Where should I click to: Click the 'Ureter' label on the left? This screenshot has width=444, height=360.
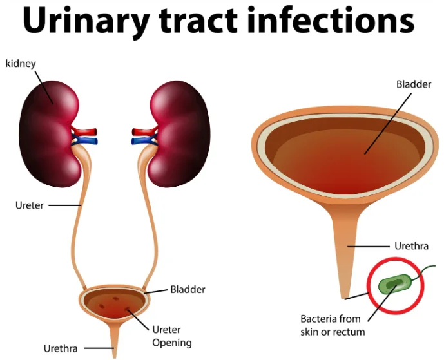click(x=29, y=205)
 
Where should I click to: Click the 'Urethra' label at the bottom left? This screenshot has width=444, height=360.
click(x=61, y=348)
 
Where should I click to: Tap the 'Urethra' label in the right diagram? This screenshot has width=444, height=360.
click(x=410, y=246)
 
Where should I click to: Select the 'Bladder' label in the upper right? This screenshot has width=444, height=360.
click(x=414, y=84)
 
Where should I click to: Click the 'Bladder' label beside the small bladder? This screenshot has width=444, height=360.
click(x=188, y=289)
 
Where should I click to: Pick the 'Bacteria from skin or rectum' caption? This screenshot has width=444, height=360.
click(x=333, y=325)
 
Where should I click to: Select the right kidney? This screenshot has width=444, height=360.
click(x=180, y=132)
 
